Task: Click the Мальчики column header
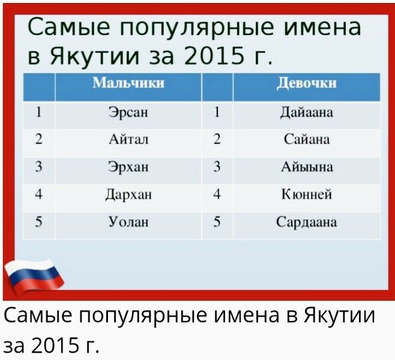pyautogui.click(x=128, y=83)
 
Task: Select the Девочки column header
pyautogui.click(x=307, y=83)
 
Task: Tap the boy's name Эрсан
pyautogui.click(x=128, y=112)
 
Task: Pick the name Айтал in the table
pyautogui.click(x=128, y=139)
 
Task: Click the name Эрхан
pyautogui.click(x=128, y=167)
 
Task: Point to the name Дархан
pyautogui.click(x=128, y=194)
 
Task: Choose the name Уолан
pyautogui.click(x=128, y=222)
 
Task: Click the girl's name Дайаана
pyautogui.click(x=307, y=113)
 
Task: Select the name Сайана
pyautogui.click(x=307, y=139)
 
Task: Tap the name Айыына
pyautogui.click(x=307, y=167)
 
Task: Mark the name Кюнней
pyautogui.click(x=307, y=194)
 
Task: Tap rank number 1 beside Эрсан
pyautogui.click(x=38, y=112)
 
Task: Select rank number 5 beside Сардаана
pyautogui.click(x=217, y=222)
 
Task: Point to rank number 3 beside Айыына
pyautogui.click(x=217, y=167)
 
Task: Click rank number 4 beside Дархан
pyautogui.click(x=38, y=194)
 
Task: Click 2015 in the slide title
pyautogui.click(x=214, y=56)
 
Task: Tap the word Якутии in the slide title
pyautogui.click(x=95, y=56)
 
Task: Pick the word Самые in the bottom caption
pyautogui.click(x=38, y=315)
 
